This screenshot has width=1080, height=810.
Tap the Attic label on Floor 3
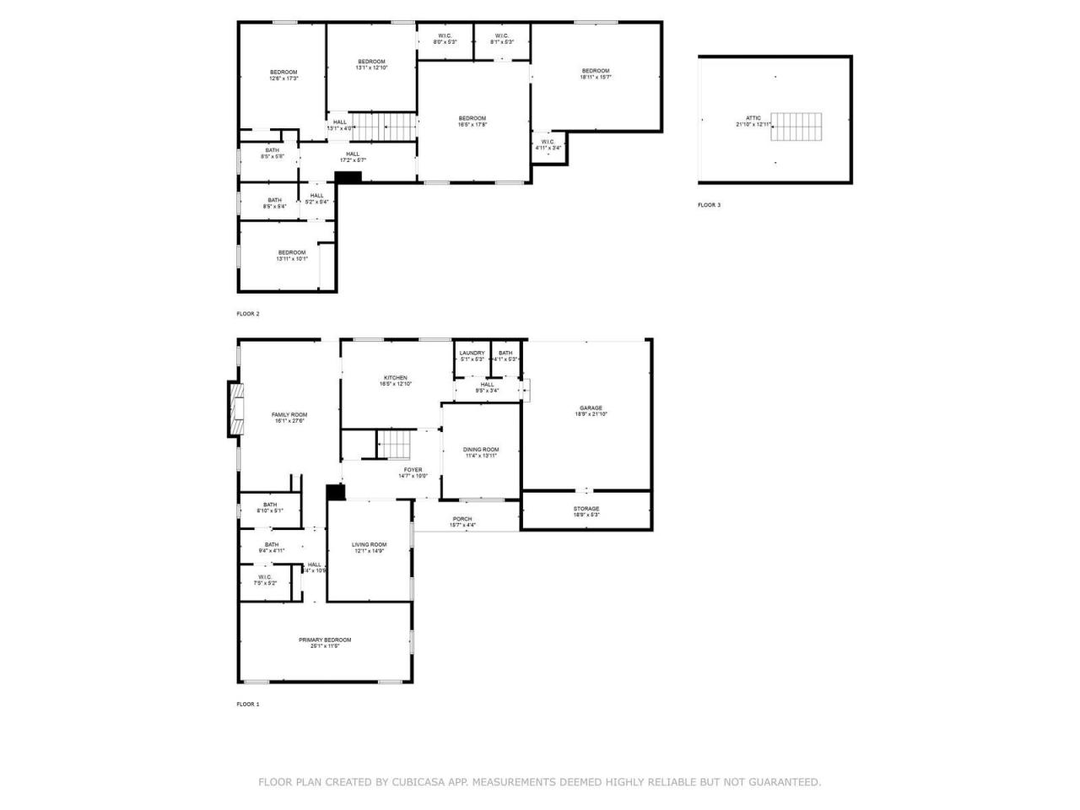coord(753,121)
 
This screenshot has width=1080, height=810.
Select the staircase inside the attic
coord(796,127)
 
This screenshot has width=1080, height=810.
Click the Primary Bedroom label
coord(325,643)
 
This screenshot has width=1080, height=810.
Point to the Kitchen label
coord(396,381)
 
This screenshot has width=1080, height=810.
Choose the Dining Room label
coord(481,452)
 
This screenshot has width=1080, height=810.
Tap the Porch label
coord(462,521)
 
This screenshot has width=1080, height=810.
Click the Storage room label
coord(586,511)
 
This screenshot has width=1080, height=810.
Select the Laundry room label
coord(472,356)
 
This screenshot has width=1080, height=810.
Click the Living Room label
coord(369,548)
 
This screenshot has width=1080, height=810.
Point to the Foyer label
coord(413,472)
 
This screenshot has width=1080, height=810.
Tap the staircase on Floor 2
coord(384,127)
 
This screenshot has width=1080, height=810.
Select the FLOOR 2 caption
coord(248,314)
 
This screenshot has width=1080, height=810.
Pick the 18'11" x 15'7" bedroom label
coord(595,73)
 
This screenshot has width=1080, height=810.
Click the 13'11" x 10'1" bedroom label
coord(292,256)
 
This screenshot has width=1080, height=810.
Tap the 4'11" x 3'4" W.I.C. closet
coord(548,144)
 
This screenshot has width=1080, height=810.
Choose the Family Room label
coord(289,418)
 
